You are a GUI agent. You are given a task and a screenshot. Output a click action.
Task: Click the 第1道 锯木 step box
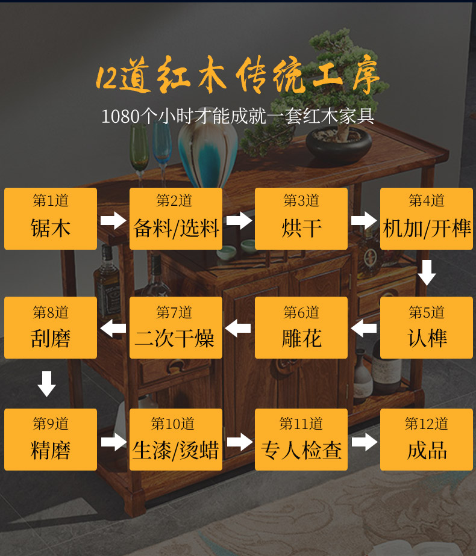[51, 218]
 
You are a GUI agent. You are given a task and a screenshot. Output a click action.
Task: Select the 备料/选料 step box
[176, 218]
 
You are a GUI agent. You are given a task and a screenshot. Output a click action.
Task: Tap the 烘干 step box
[301, 218]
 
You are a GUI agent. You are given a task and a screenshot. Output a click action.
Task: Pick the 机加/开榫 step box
[427, 218]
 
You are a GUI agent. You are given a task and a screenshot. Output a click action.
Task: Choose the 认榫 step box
[427, 327]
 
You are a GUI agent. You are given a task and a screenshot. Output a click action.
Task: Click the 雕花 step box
[301, 327]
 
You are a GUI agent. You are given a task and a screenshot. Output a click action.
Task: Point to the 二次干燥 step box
[176, 327]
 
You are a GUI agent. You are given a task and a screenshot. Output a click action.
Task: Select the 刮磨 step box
[51, 327]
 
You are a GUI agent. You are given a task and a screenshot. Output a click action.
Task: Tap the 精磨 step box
[51, 439]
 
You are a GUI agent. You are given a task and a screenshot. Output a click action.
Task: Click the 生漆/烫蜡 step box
[176, 439]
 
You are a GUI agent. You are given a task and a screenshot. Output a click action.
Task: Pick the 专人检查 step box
[301, 439]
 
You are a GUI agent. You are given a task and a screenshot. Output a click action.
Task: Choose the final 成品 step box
[427, 439]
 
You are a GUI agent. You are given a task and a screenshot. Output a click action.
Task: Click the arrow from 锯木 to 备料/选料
[113, 220]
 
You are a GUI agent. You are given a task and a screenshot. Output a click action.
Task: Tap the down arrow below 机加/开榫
[427, 273]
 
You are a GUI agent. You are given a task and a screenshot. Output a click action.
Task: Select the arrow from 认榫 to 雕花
[364, 329]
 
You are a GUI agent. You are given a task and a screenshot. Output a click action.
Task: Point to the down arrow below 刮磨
[47, 384]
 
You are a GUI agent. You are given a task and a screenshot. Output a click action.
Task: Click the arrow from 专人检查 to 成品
[364, 442]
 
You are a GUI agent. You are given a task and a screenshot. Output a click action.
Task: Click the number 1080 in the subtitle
[121, 116]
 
